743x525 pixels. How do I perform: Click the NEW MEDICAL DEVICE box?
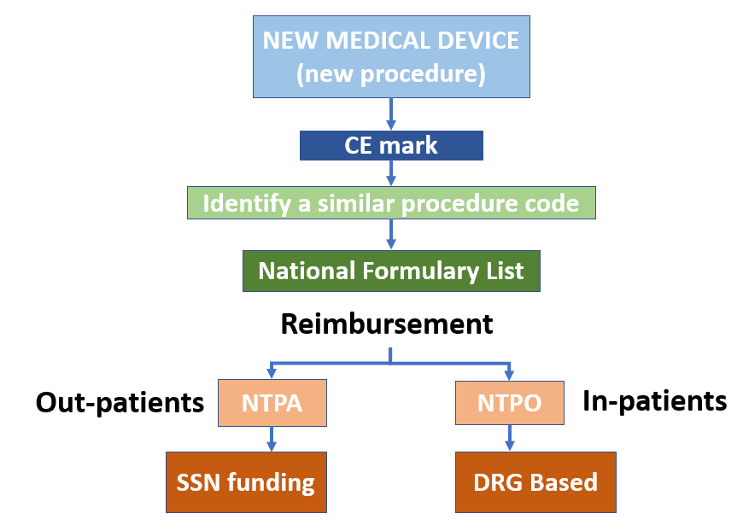(x=391, y=57)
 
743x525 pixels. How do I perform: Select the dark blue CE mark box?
(x=391, y=145)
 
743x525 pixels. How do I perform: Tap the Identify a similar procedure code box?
(x=391, y=204)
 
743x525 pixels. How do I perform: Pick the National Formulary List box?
(x=391, y=271)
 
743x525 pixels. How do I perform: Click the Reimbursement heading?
(x=387, y=324)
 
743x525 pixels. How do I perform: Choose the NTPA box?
(x=271, y=402)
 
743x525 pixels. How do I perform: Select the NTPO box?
(x=510, y=402)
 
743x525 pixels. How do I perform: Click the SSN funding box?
(x=246, y=482)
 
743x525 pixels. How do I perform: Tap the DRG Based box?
(x=535, y=482)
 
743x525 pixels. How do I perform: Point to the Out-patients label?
(x=120, y=402)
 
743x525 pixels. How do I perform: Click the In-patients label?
(x=654, y=400)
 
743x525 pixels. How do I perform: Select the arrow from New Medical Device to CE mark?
(x=391, y=114)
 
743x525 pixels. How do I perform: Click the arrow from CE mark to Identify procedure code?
(x=391, y=173)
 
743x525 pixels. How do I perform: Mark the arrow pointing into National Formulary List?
(x=391, y=234)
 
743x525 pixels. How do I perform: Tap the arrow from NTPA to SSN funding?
(x=271, y=438)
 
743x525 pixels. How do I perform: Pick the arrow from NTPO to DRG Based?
(x=510, y=438)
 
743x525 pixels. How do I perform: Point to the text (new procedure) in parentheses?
(x=391, y=74)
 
